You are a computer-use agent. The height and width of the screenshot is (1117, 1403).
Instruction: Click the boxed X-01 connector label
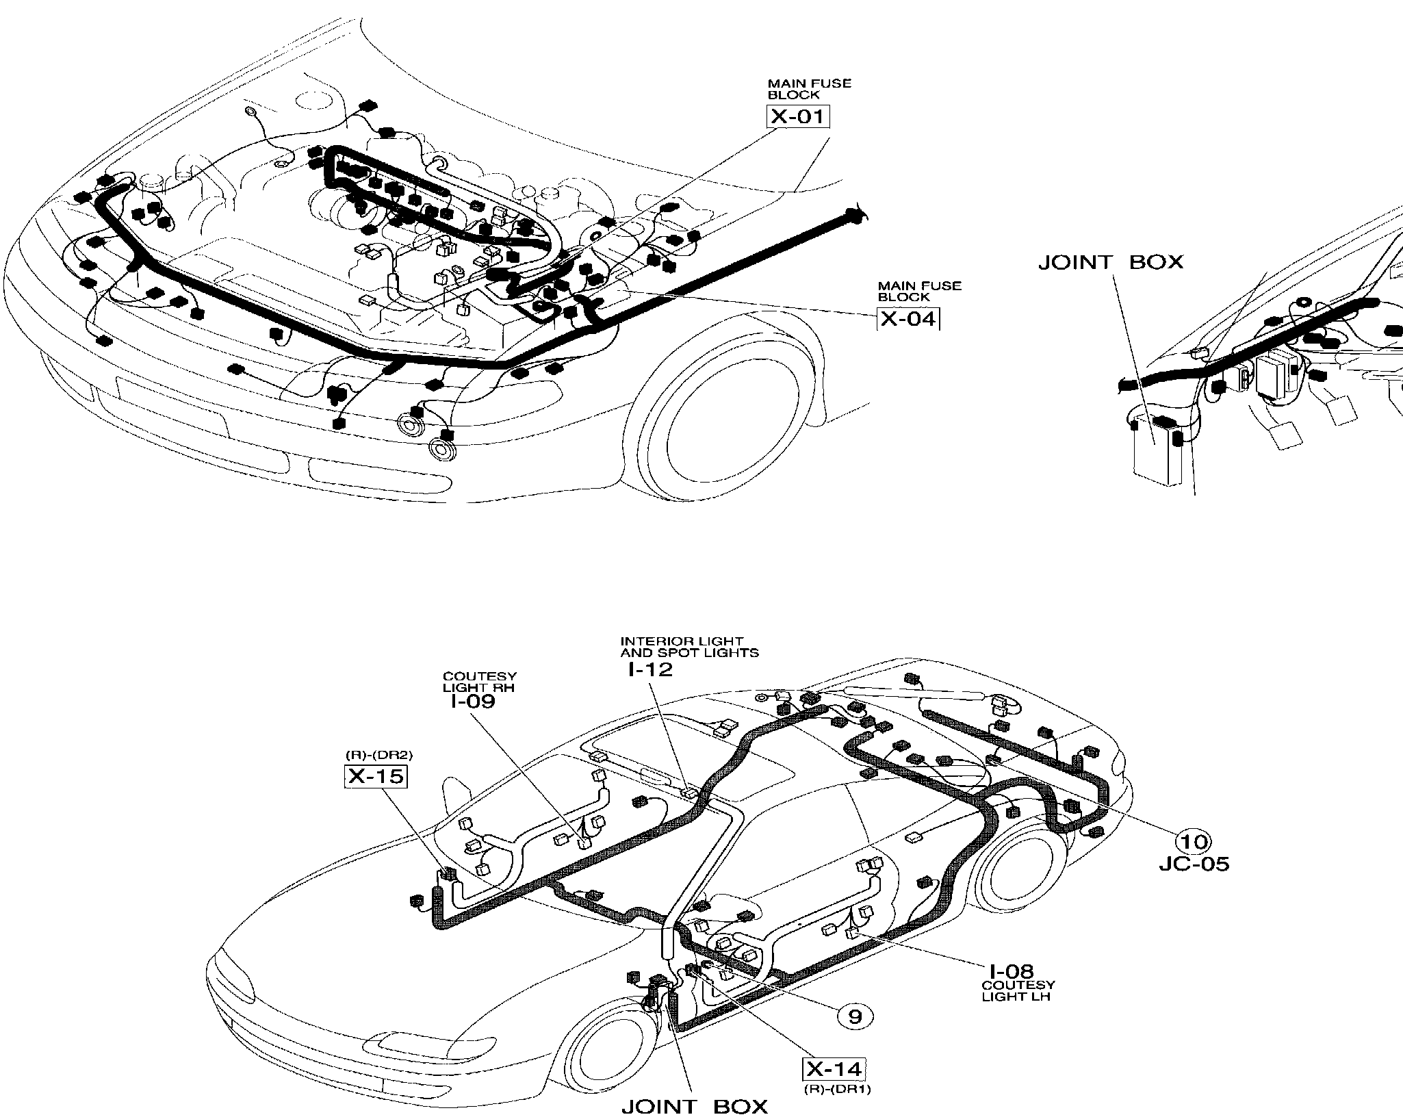click(797, 116)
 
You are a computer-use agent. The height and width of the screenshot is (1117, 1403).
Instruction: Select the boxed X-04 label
click(908, 319)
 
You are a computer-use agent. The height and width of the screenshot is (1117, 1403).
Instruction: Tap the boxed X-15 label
click(376, 776)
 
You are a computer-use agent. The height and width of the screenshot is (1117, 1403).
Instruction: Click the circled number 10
click(1193, 840)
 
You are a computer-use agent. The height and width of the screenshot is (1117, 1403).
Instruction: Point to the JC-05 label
click(1194, 864)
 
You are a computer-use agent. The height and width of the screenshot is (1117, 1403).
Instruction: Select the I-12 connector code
click(650, 669)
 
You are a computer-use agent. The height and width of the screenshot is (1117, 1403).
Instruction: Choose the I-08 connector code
click(1011, 971)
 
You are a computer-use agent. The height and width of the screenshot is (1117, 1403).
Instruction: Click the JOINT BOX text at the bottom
click(695, 1107)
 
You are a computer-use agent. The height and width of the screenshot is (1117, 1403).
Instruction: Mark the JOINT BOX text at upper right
click(1110, 262)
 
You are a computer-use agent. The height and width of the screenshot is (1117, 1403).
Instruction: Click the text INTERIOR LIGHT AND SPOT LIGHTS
click(688, 647)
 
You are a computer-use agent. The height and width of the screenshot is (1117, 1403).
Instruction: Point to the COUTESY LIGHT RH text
click(479, 682)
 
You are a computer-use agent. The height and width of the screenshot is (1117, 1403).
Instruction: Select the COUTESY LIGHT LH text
click(1016, 990)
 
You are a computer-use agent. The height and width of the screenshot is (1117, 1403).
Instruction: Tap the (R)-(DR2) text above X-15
click(378, 755)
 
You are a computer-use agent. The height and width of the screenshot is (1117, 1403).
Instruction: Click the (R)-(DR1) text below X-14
click(836, 1090)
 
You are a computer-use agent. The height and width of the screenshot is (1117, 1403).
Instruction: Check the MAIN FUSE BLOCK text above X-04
click(919, 291)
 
